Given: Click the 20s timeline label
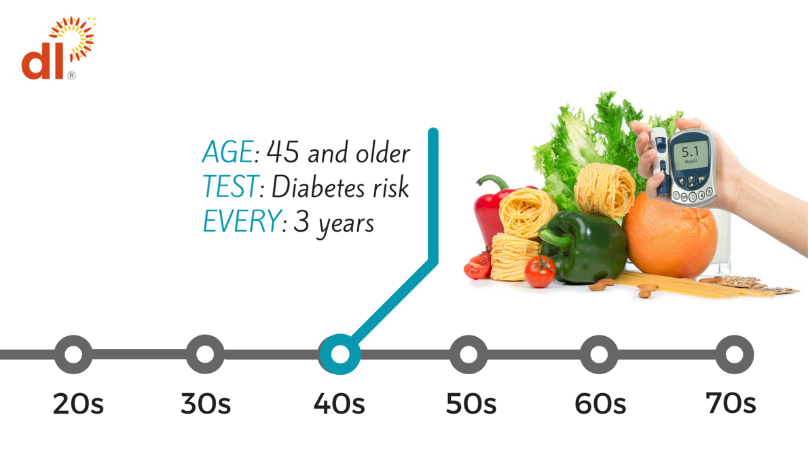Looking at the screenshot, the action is point(78,403).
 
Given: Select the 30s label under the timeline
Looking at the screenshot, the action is point(206,403).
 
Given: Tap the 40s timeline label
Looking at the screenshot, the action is point(339,403).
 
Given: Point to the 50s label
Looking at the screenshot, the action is point(471,403).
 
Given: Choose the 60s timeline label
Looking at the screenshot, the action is point(600,403).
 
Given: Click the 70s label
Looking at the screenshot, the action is point(731,403).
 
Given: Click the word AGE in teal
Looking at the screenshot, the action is point(227,152).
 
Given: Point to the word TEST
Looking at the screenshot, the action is point(229,187).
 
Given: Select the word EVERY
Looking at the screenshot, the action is point(242,221).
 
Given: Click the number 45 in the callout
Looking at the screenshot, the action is point(283,152).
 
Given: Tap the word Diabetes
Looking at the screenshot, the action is point(315,187).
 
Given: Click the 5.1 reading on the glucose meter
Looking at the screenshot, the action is point(690,151).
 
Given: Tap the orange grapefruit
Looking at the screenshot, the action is point(670,234).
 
